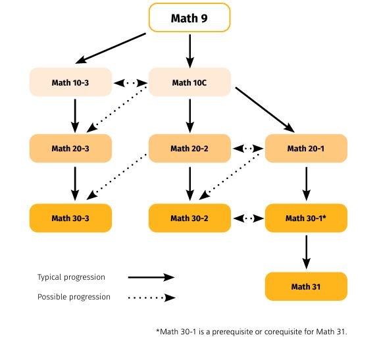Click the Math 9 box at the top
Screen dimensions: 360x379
point(189,18)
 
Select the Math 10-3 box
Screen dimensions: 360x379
point(71,83)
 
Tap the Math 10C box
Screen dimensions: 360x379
point(189,83)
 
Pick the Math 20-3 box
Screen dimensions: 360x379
point(71,148)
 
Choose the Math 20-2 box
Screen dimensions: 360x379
point(189,148)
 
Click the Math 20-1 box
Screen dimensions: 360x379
point(306,148)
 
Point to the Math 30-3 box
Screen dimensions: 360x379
point(71,218)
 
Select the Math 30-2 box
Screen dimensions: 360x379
point(189,218)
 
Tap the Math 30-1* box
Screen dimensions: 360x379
point(306,218)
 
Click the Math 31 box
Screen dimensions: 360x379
point(306,287)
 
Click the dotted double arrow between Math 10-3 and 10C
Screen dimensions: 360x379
point(130,84)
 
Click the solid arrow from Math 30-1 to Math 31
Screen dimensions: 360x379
point(306,251)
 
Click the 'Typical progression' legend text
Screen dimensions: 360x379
point(71,277)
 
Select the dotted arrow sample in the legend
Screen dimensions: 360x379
point(151,297)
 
